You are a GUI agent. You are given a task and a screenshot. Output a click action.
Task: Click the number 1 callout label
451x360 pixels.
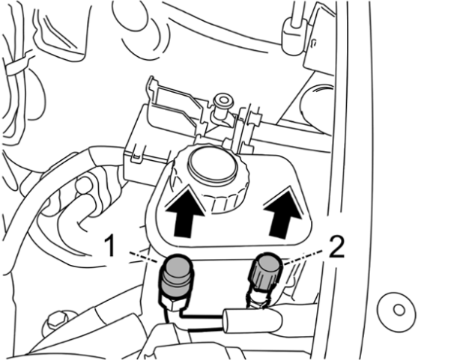pyautogui.click(x=109, y=245)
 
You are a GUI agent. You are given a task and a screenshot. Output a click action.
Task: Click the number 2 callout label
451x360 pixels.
pyautogui.click(x=337, y=246)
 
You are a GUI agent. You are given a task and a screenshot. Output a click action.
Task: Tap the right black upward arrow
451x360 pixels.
pyautogui.click(x=284, y=212)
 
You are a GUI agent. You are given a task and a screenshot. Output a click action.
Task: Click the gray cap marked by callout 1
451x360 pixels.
pyautogui.click(x=177, y=275)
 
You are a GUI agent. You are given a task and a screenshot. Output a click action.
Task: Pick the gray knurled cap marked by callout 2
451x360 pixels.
pyautogui.click(x=266, y=272)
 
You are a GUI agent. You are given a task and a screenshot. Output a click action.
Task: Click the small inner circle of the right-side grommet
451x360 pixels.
pyautogui.click(x=399, y=310)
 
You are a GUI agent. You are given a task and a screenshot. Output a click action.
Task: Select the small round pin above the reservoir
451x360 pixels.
pyautogui.click(x=223, y=100)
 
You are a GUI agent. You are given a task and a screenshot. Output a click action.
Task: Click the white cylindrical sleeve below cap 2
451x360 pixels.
pyautogui.click(x=252, y=320)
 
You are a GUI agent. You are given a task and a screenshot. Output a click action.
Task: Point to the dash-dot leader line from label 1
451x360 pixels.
pyautogui.click(x=144, y=257)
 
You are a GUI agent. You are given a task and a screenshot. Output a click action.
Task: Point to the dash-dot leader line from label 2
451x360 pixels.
pyautogui.click(x=305, y=258)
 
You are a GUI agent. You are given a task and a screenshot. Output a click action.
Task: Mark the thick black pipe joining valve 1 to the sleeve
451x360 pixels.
pyautogui.click(x=202, y=317)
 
